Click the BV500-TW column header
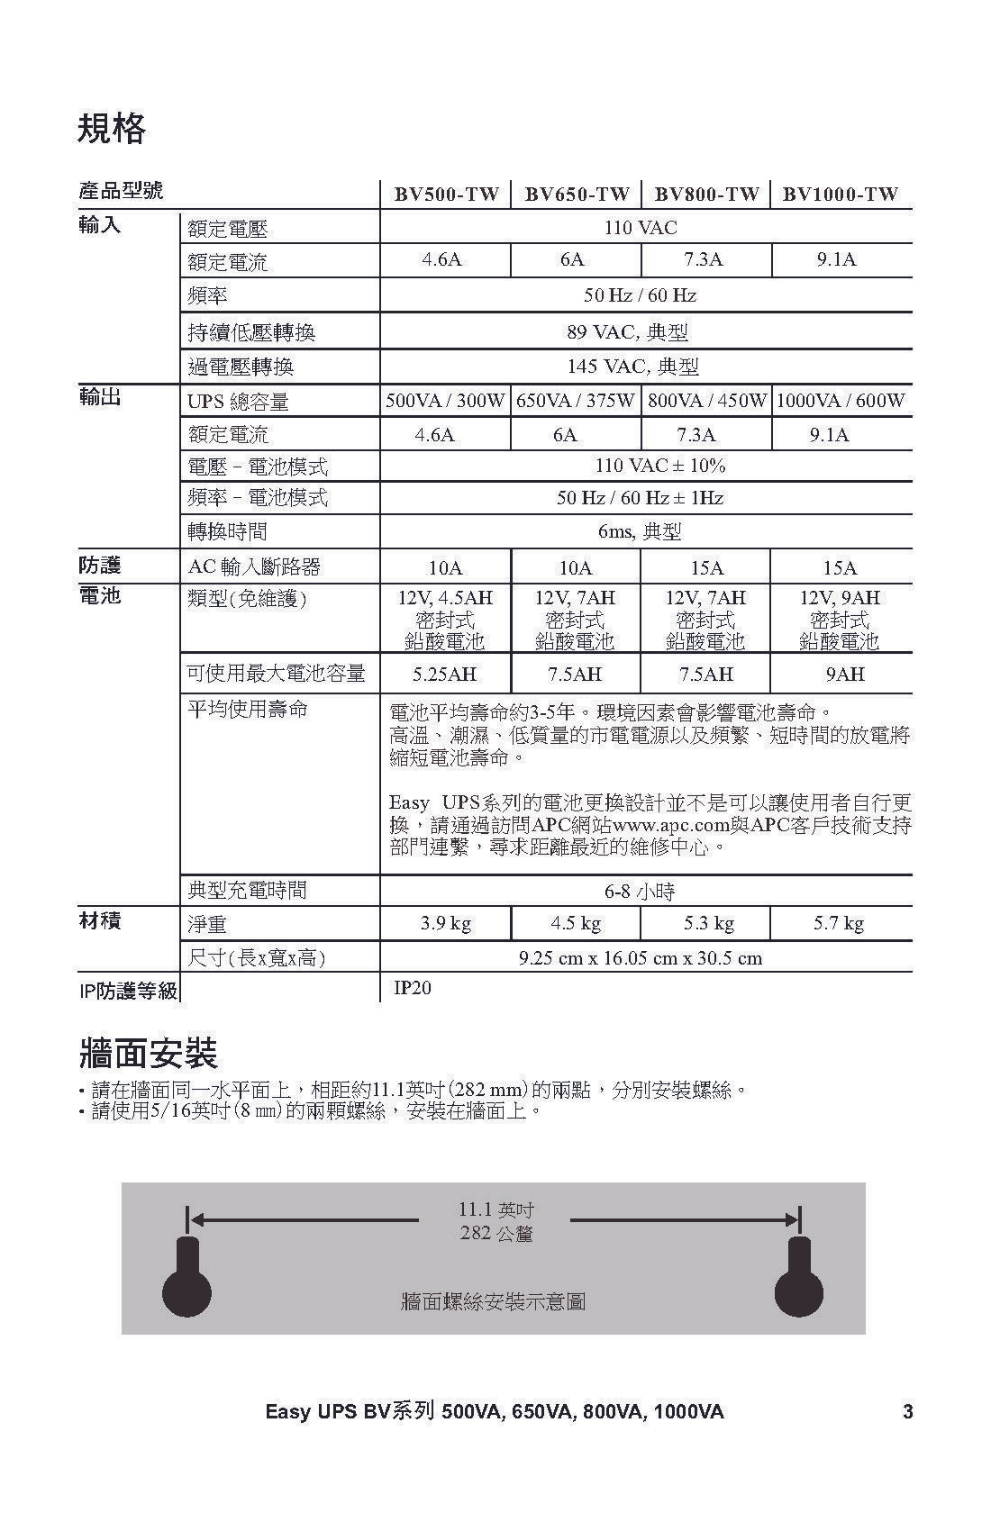(446, 194)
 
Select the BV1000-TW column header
(840, 194)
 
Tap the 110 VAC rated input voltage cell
(640, 228)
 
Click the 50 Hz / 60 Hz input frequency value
(640, 295)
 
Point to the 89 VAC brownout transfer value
(627, 332)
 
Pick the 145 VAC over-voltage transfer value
(632, 367)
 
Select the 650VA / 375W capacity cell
(575, 401)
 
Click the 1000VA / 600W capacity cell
(840, 401)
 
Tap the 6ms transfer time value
(640, 531)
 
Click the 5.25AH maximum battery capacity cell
(444, 674)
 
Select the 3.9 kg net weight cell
(446, 923)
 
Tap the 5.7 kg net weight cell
(839, 923)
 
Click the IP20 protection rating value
(413, 988)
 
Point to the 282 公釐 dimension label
(496, 1233)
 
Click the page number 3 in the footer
(907, 1411)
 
